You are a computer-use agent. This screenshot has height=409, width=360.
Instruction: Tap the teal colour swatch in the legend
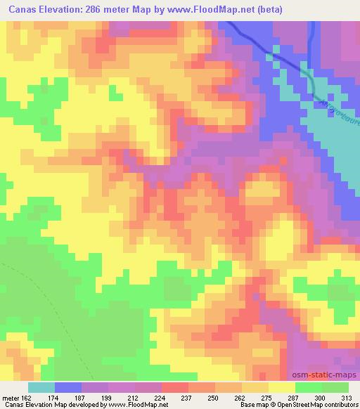coord(41,387)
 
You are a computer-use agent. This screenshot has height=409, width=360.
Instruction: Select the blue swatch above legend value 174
coord(68,387)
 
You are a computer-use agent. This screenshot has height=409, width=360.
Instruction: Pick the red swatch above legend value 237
coord(175,387)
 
